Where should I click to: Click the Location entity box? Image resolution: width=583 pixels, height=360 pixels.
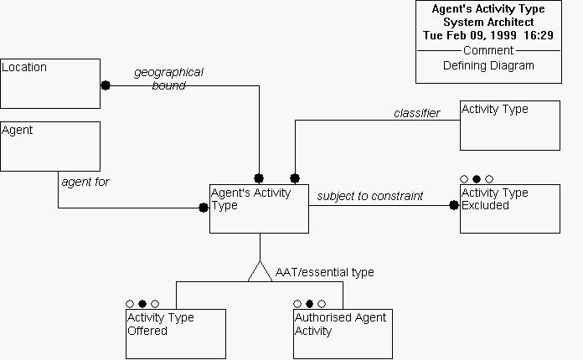[x=50, y=84]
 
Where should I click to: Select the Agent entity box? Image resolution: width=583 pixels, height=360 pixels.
[x=50, y=147]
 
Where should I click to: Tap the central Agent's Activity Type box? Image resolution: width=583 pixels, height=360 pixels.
[x=259, y=208]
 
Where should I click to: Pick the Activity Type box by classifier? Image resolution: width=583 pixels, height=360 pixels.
[x=509, y=126]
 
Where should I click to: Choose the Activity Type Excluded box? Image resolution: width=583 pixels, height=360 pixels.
[x=509, y=208]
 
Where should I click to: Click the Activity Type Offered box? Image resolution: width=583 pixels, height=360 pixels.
[x=176, y=334]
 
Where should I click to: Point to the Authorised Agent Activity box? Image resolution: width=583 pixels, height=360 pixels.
[x=343, y=334]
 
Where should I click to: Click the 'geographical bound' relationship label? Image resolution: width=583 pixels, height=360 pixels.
[x=168, y=79]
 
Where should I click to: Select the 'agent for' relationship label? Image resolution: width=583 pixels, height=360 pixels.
[x=85, y=181]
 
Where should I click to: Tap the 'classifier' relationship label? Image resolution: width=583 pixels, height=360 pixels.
[x=416, y=113]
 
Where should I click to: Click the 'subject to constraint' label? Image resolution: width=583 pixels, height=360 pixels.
[x=369, y=196]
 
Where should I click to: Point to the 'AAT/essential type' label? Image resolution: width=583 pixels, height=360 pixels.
[x=325, y=272]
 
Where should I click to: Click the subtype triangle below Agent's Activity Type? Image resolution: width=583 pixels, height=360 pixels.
[x=260, y=271]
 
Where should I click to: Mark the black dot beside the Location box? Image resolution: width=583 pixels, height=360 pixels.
[x=106, y=85]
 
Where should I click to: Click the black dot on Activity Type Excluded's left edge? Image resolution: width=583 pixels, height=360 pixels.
[x=454, y=204]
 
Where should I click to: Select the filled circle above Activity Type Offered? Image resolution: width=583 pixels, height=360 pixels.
[x=142, y=303]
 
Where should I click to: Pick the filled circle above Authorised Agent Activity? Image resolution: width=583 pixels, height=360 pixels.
[x=310, y=303]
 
